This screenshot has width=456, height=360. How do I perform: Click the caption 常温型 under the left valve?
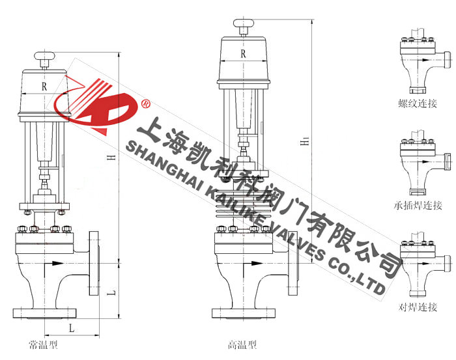[44, 345]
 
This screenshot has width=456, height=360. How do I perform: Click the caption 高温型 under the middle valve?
[242, 345]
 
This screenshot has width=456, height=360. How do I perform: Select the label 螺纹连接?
[418, 103]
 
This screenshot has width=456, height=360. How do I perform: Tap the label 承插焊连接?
[418, 205]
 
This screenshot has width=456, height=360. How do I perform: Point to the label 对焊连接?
[418, 307]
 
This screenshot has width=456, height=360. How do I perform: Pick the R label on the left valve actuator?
[44, 87]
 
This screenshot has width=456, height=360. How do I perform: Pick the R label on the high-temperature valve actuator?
[243, 54]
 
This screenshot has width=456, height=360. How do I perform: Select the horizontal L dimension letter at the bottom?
[72, 328]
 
